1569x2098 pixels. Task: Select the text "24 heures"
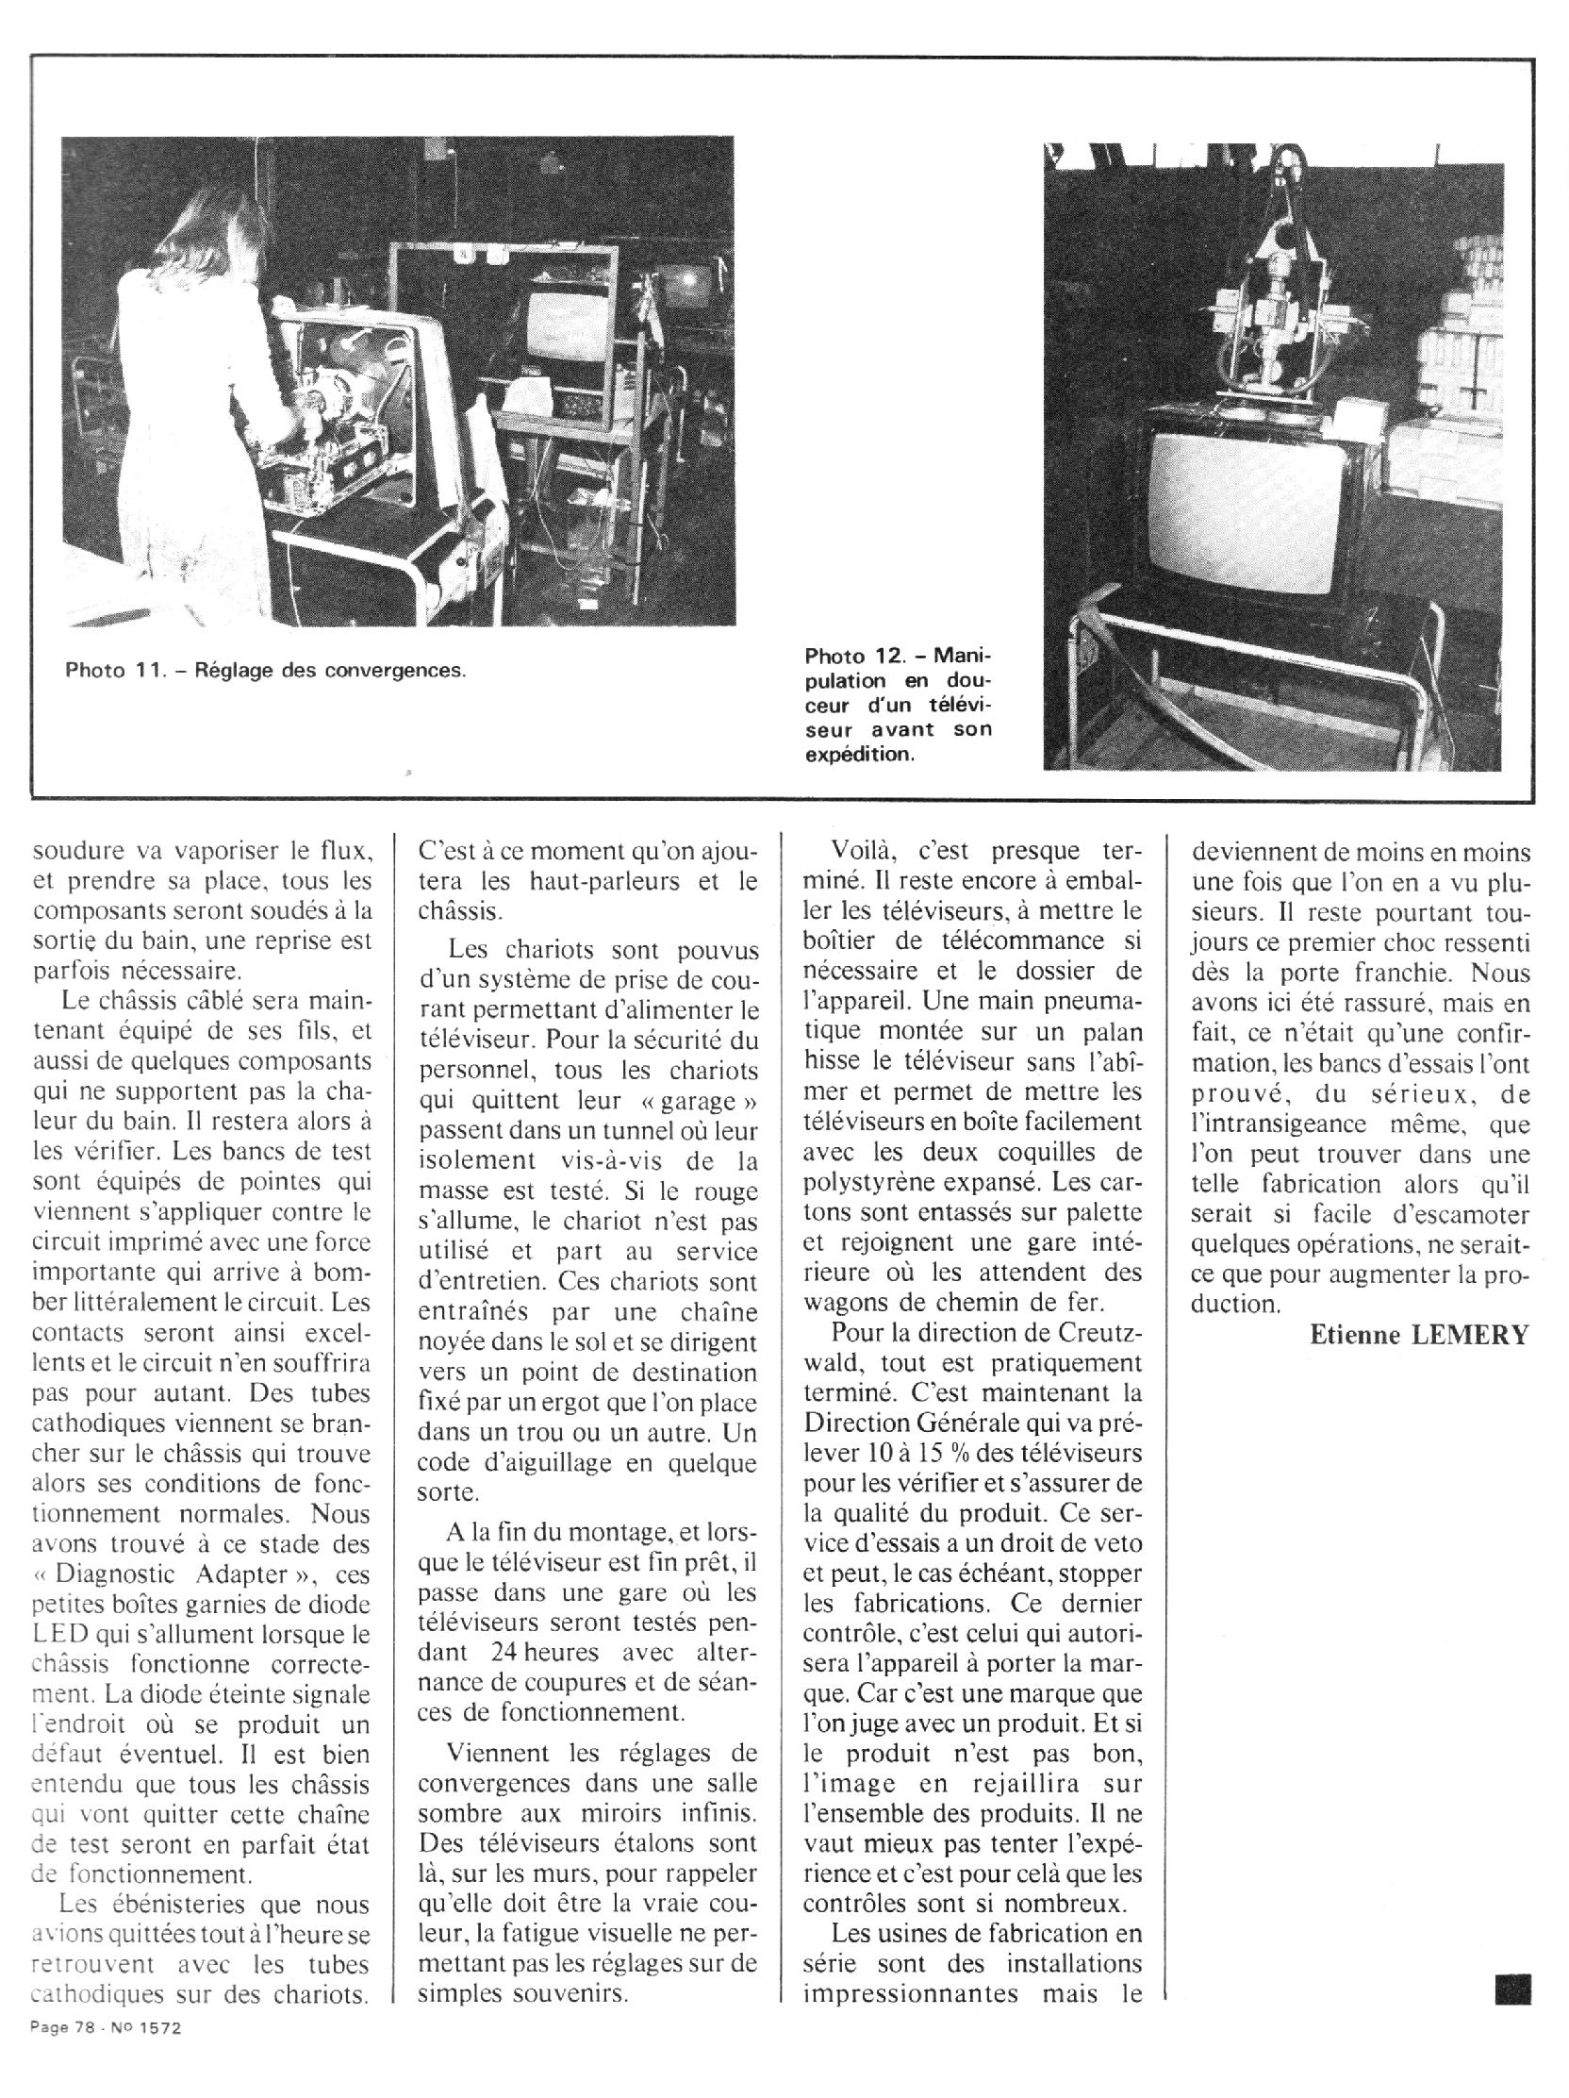(544, 1651)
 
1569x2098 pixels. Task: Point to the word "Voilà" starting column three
(866, 851)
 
